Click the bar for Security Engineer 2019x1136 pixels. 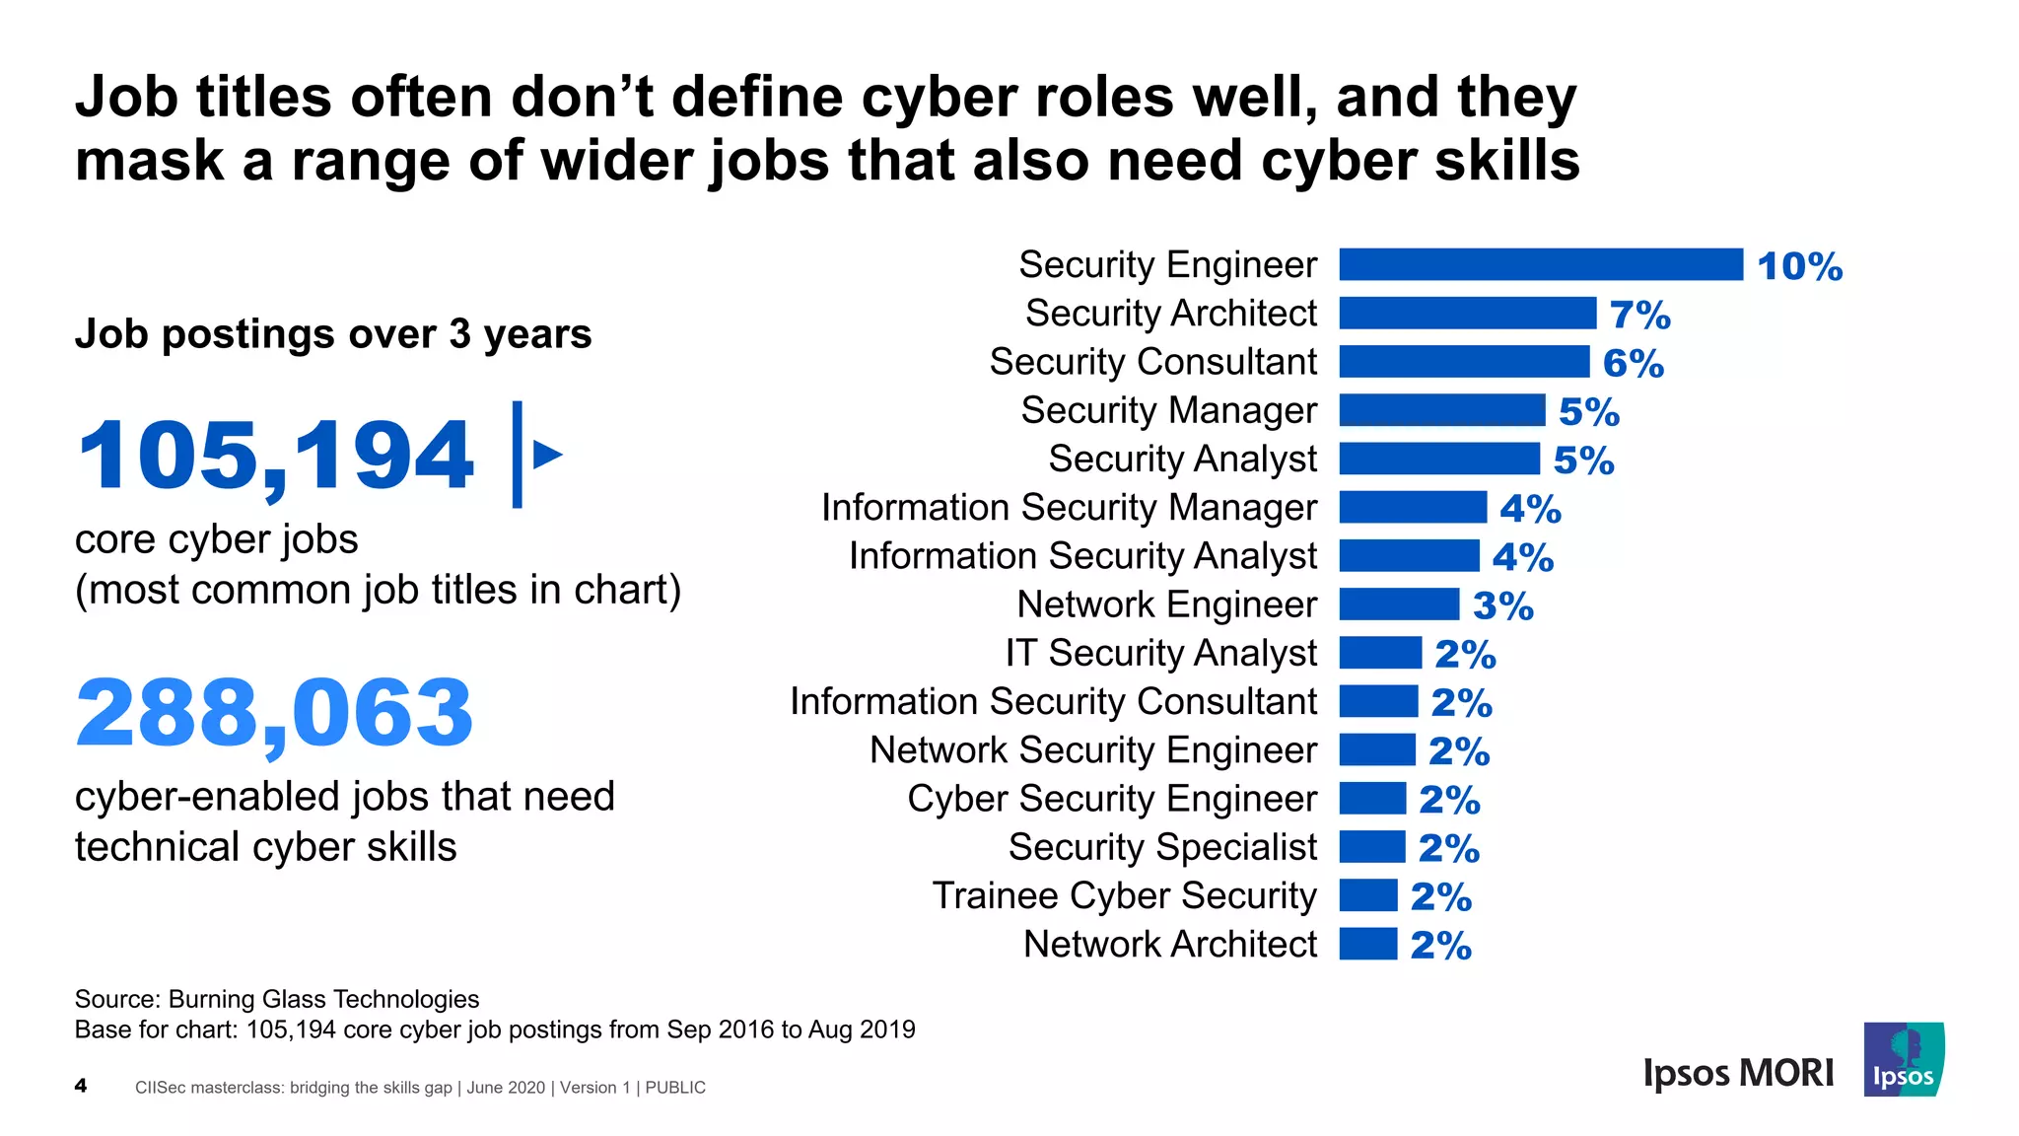point(1540,264)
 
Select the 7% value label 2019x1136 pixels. point(1639,315)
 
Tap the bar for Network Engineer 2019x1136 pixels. point(1399,603)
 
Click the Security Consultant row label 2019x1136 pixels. point(1152,362)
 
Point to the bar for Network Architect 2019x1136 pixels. point(1368,944)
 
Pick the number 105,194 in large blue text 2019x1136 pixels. point(275,455)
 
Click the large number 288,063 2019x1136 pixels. point(275,712)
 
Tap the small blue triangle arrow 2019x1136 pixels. point(546,455)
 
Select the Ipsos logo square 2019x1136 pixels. point(1903,1060)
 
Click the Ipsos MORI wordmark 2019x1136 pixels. point(1738,1073)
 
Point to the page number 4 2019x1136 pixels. point(81,1086)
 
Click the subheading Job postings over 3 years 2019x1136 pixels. point(333,334)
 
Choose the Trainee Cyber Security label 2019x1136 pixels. point(1124,895)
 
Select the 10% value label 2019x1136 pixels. point(1799,266)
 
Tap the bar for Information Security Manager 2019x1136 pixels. point(1413,507)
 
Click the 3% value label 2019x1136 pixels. point(1502,605)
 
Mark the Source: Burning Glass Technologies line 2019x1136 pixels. point(277,999)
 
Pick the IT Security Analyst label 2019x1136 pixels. point(1160,653)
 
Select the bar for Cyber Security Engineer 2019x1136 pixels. point(1372,798)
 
